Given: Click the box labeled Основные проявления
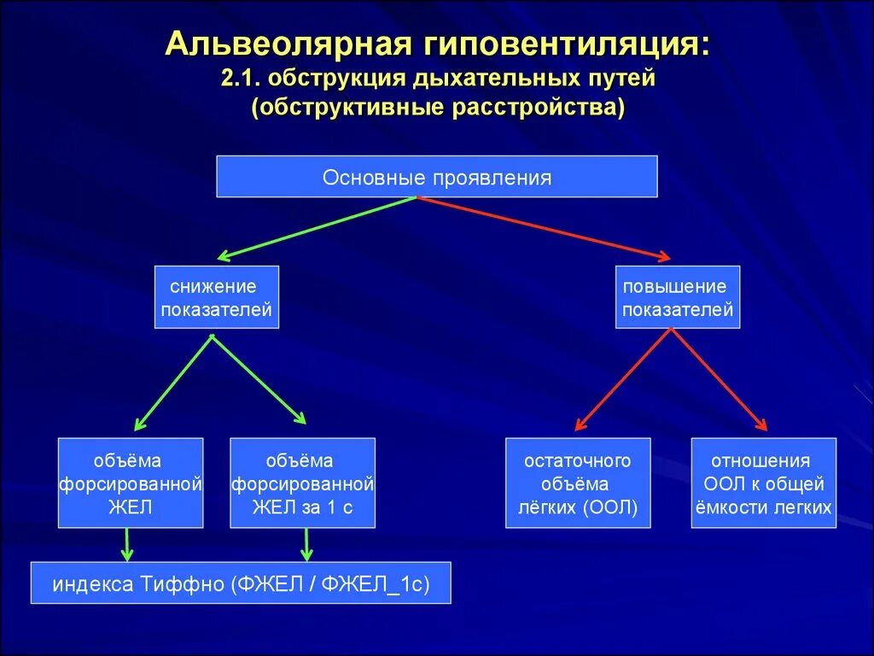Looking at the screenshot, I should click(x=436, y=177).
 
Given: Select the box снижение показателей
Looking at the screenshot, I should click(x=216, y=297).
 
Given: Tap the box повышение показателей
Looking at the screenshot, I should click(x=677, y=297).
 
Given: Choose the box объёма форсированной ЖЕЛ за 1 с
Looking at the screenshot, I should click(x=302, y=483).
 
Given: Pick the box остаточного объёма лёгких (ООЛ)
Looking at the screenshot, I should click(x=577, y=483).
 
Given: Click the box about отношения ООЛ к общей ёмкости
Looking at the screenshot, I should click(x=762, y=483).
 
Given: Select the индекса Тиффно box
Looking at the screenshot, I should click(x=240, y=583).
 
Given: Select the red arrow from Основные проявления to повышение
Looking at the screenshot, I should click(x=544, y=227).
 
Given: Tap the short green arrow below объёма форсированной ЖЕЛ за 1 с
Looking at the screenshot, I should click(x=307, y=543).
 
